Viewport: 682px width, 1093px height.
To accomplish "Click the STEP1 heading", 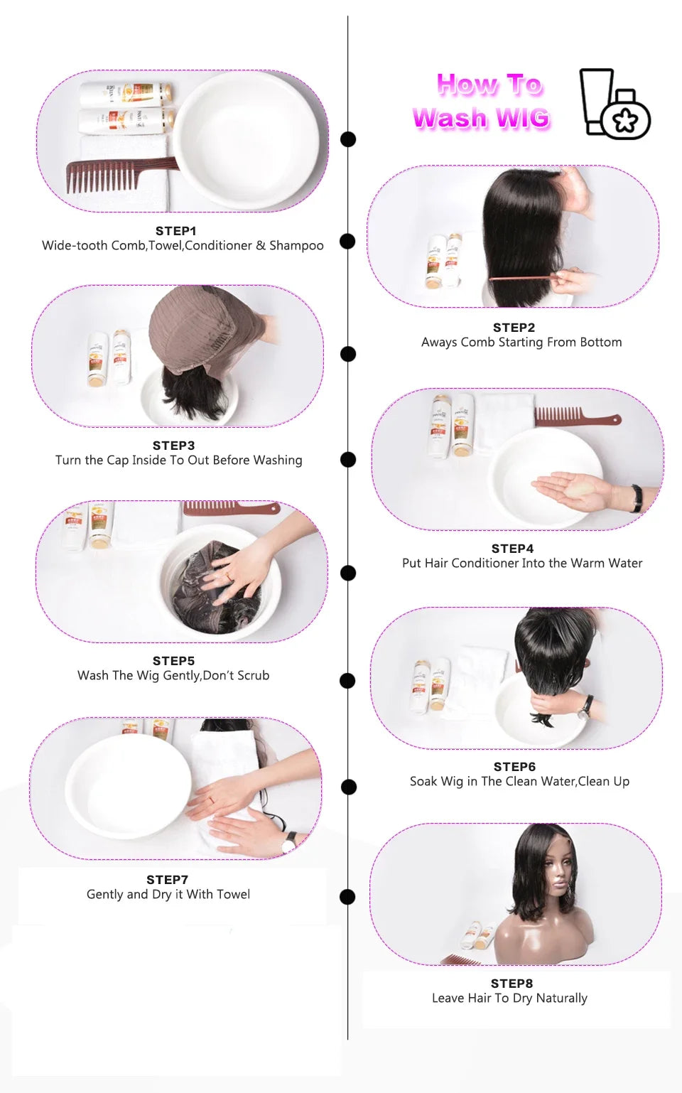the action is [x=175, y=231].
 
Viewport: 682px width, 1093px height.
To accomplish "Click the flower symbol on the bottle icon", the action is [x=625, y=120].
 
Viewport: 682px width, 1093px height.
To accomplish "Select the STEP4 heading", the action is [x=512, y=549].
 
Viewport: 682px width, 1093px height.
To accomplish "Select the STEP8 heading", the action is [x=511, y=984].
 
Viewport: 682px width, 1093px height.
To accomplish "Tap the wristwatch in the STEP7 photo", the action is [x=290, y=842].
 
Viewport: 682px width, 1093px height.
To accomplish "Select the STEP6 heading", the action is [x=514, y=767].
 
